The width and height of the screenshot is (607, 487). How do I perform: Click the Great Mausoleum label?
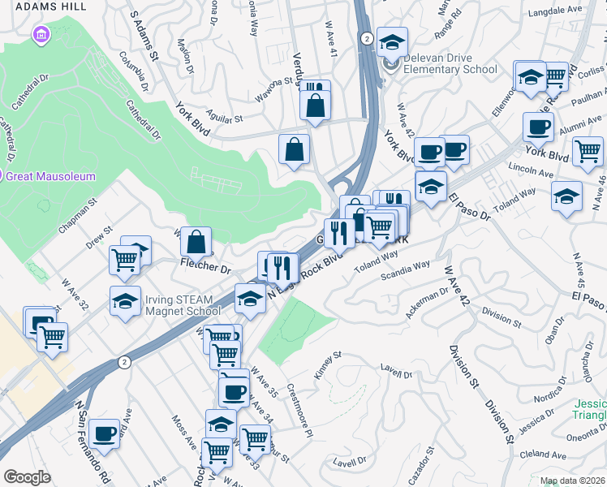click(x=54, y=176)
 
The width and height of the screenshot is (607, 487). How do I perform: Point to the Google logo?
click(x=27, y=477)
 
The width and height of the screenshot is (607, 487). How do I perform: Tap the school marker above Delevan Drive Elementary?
click(x=393, y=42)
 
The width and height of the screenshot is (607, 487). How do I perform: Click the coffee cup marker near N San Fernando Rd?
click(x=104, y=433)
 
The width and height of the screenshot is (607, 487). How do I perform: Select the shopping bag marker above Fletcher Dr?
click(x=196, y=242)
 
